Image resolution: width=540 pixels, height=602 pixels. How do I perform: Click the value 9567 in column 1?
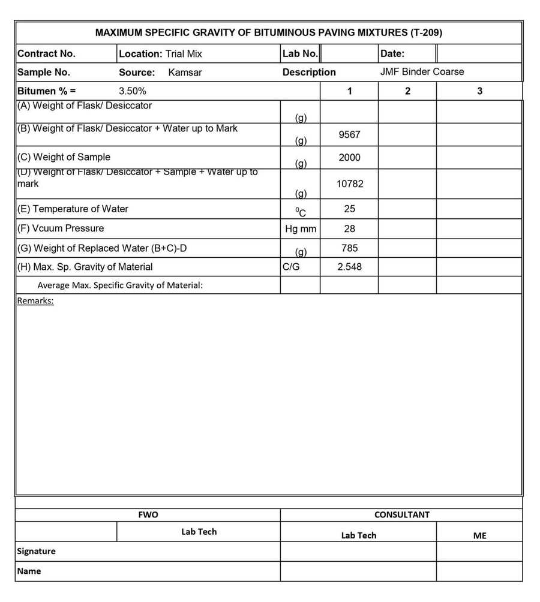[x=349, y=134]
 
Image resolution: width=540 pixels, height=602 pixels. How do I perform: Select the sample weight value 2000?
[x=349, y=158]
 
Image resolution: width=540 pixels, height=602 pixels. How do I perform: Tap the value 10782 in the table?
[x=349, y=184]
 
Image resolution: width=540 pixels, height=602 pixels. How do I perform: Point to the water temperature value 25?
[x=349, y=209]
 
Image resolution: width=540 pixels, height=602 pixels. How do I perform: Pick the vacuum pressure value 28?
[x=349, y=228]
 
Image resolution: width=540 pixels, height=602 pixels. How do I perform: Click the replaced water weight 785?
[x=349, y=248]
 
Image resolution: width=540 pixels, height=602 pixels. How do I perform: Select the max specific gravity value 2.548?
[x=349, y=267]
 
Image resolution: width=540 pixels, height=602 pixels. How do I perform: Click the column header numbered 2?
[x=407, y=91]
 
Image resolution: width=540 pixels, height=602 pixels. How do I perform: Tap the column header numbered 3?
[x=479, y=91]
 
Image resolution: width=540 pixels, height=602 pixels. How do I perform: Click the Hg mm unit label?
[x=300, y=228]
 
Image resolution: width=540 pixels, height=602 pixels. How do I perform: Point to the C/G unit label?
[x=291, y=267]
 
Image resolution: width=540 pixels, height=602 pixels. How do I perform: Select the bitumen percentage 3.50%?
[x=133, y=91]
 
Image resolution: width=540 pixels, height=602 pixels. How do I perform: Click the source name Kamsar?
[x=185, y=72]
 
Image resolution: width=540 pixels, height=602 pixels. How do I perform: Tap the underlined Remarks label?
[x=35, y=300]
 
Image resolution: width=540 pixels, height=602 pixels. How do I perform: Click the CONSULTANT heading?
[x=401, y=514]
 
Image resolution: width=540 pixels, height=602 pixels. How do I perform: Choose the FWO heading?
[x=148, y=514]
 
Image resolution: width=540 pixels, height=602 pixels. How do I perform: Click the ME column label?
[x=479, y=535]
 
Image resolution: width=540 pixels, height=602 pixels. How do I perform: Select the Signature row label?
[x=36, y=551]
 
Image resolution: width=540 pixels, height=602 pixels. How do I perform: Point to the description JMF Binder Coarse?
[x=422, y=72]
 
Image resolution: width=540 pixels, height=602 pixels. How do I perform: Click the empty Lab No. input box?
[x=350, y=53]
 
